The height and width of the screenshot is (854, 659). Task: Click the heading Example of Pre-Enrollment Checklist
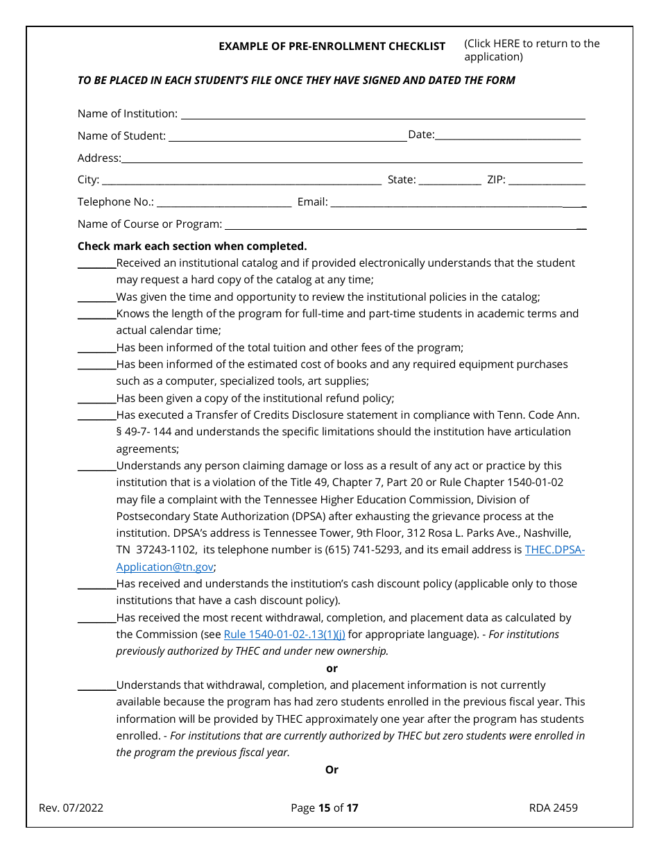tap(332, 47)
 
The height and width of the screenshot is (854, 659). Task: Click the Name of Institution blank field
tap(382, 114)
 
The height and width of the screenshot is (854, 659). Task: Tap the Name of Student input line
tap(287, 136)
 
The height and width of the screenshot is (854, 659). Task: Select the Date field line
tap(508, 135)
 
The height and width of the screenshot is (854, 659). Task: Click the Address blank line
tap(352, 158)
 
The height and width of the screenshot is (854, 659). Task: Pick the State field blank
tap(450, 181)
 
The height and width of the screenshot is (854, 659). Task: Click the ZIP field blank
tap(547, 181)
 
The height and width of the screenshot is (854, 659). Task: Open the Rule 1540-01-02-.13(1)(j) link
tap(284, 635)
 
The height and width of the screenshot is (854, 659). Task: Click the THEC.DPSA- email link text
tap(555, 550)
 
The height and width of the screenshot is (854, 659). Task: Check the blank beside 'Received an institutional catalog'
tap(96, 263)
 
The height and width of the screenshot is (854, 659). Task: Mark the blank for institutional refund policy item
tap(96, 399)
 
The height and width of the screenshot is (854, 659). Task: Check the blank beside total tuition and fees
tap(96, 348)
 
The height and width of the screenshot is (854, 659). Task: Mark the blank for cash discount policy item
tap(96, 584)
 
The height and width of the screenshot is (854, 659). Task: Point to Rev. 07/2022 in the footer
tap(71, 807)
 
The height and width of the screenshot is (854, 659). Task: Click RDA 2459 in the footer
tap(553, 807)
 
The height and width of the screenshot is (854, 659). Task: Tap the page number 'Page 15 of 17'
tap(325, 807)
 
